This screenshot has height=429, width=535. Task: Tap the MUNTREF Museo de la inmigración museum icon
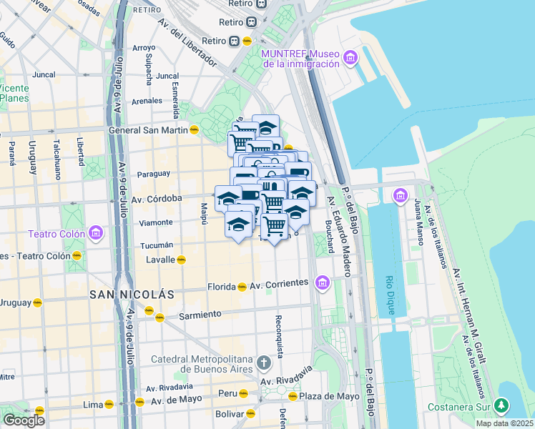[350, 58]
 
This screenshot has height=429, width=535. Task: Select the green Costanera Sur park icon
[502, 406]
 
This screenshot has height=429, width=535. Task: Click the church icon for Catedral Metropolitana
[265, 363]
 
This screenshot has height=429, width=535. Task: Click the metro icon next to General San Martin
[194, 130]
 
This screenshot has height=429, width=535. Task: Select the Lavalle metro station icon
[182, 260]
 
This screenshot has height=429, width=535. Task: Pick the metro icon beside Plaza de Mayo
[292, 396]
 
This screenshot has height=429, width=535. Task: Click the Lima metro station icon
[109, 404]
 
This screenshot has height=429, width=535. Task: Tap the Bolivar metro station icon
[250, 413]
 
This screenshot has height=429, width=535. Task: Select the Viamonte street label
[156, 222]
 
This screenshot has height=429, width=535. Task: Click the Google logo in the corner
[24, 420]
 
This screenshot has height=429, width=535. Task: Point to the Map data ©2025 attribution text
[505, 423]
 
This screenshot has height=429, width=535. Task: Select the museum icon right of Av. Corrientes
[323, 285]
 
